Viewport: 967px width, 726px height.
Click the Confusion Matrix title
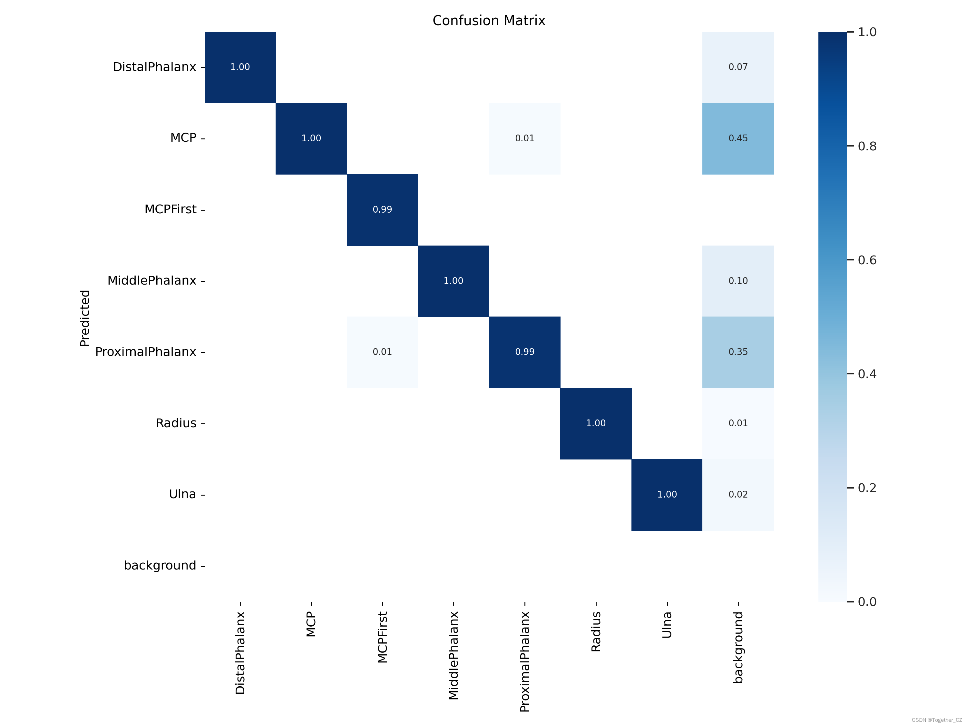pos(489,21)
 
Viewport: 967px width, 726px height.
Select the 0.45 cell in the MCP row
pos(738,138)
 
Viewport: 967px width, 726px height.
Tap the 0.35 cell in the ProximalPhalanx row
pos(738,352)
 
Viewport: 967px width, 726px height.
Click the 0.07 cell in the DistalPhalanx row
pos(738,67)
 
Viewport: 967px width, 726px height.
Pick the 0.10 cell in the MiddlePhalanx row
pos(738,280)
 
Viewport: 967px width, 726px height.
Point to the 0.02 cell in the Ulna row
pos(738,495)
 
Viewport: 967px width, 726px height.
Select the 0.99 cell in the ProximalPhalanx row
pos(524,352)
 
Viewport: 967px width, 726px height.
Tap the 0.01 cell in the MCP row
pos(524,138)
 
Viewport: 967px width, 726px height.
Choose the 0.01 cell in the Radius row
pos(738,423)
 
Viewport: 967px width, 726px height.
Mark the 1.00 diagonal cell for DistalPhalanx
pos(240,67)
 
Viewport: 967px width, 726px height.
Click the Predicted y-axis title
pos(85,318)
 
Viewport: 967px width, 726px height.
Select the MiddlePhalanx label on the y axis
pos(152,280)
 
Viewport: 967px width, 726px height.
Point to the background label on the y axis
pos(160,565)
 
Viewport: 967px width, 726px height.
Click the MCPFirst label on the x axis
pos(383,637)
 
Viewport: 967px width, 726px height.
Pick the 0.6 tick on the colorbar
pos(866,260)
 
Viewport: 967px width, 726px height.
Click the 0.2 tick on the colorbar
pos(866,488)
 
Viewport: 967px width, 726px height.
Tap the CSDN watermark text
pos(936,720)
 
